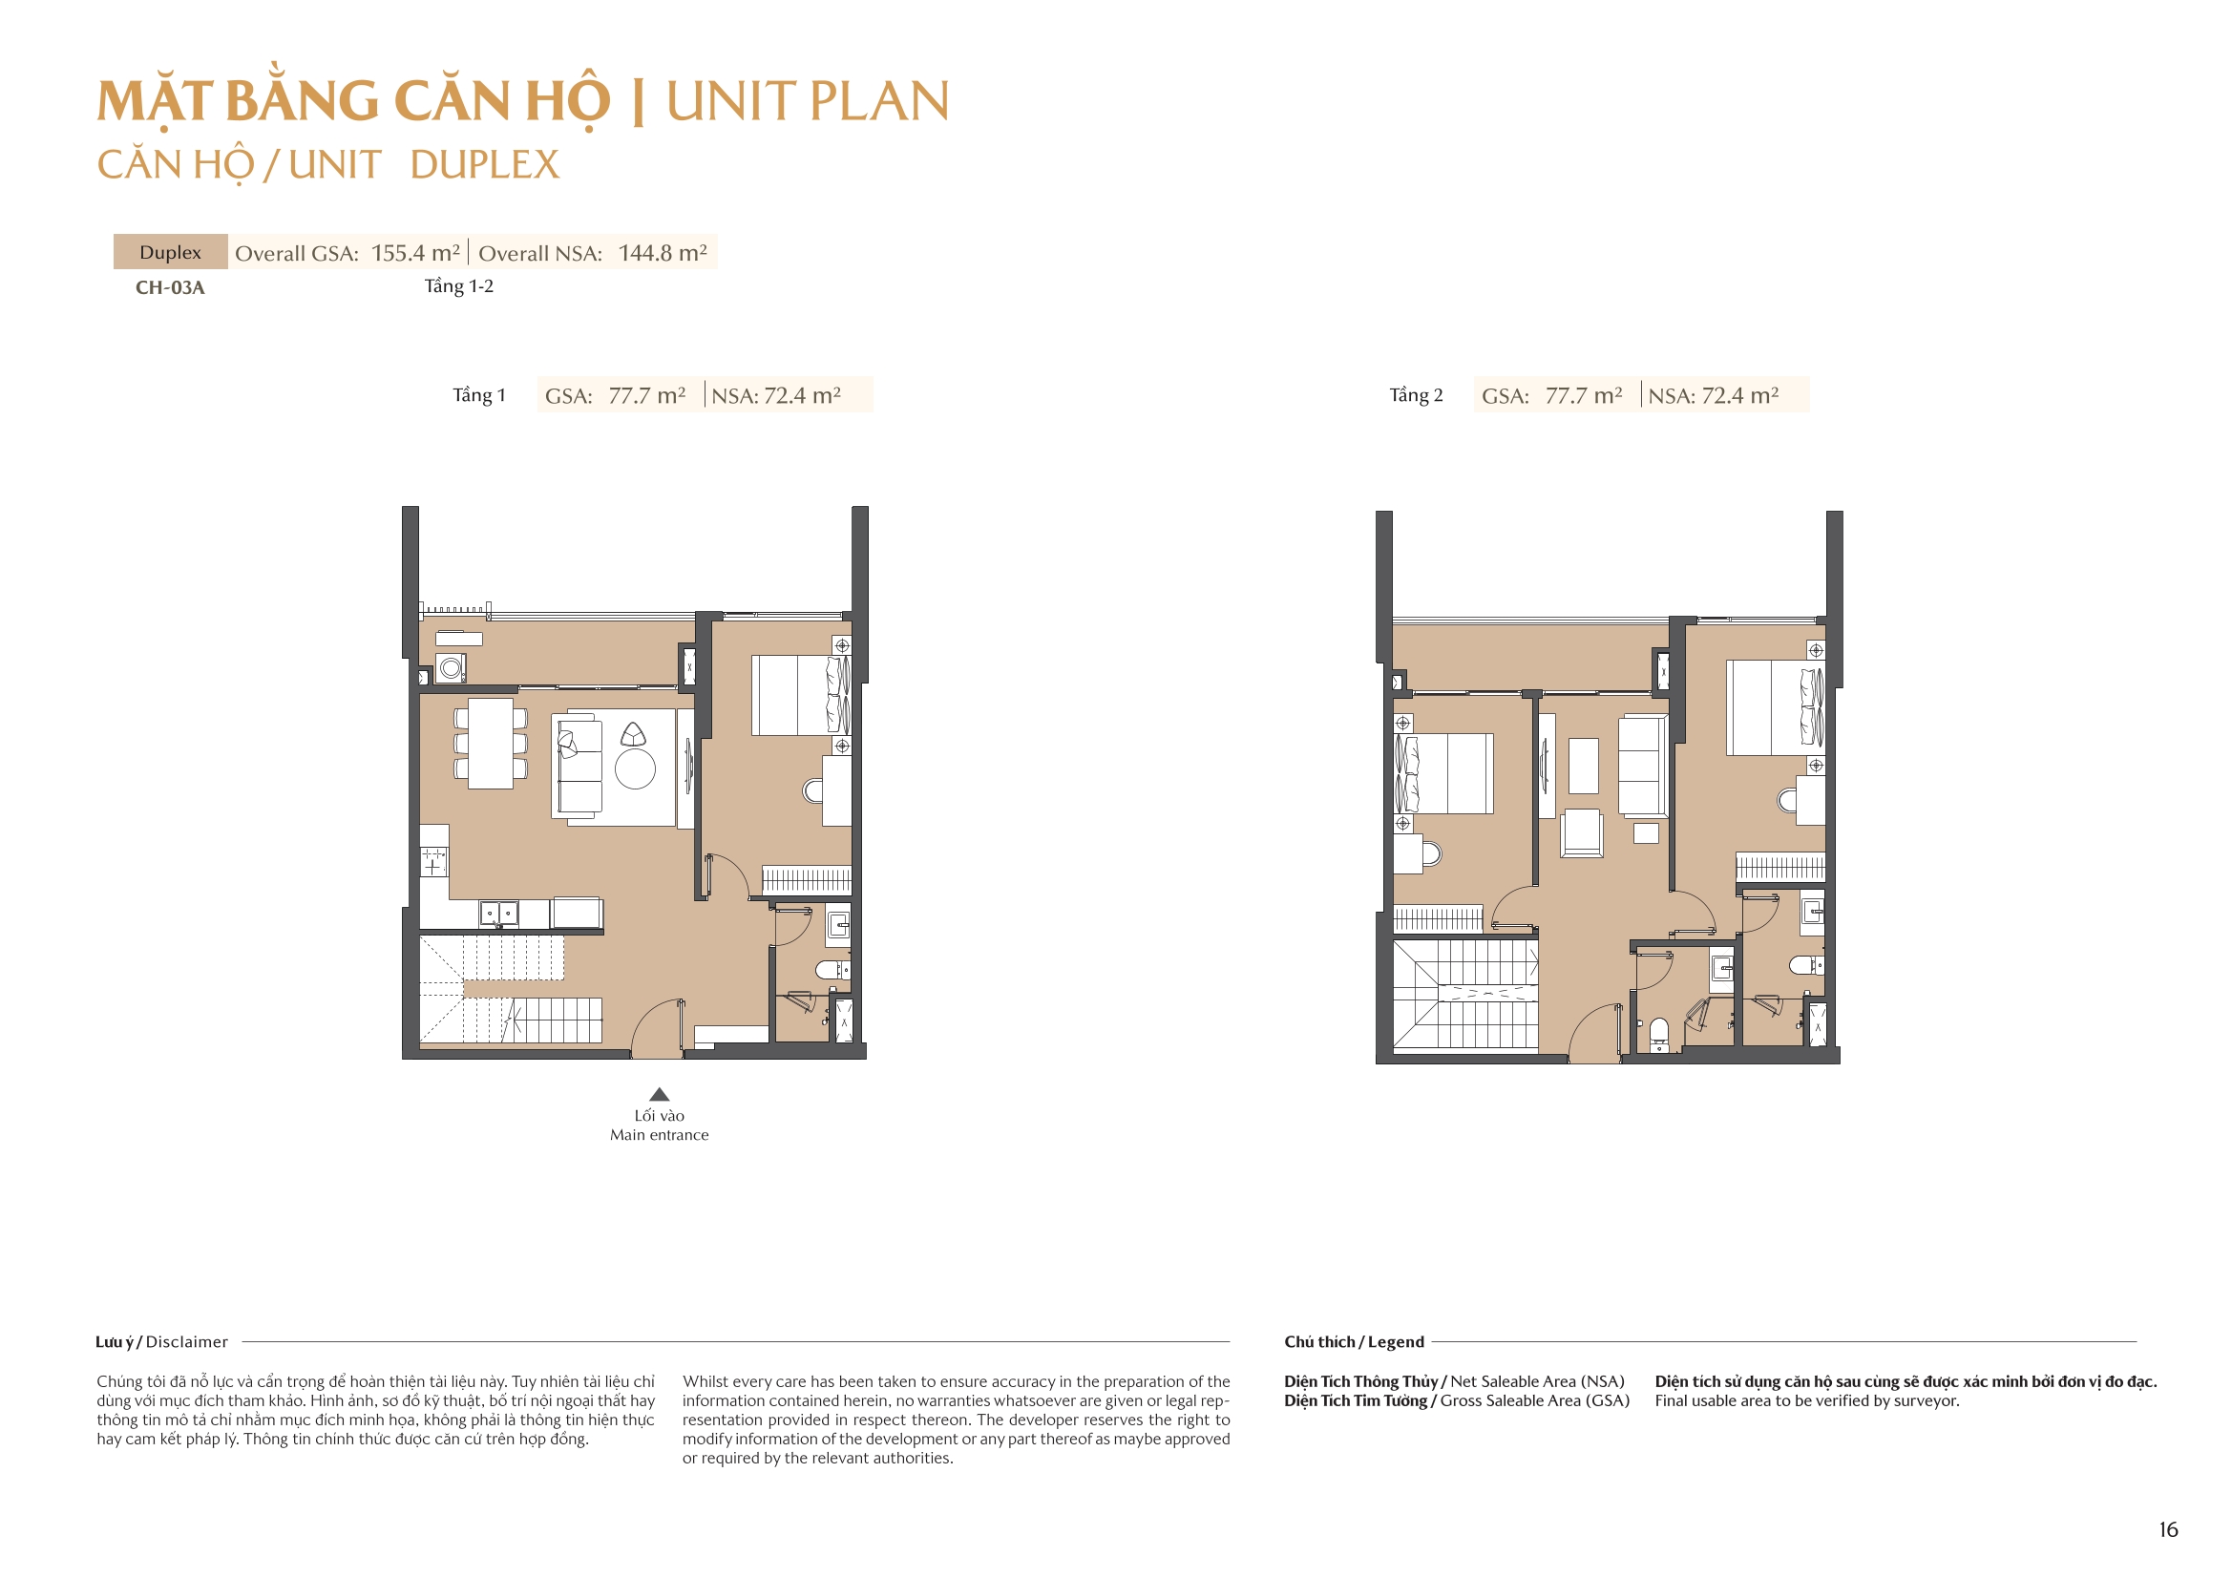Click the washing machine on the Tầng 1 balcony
pyautogui.click(x=450, y=668)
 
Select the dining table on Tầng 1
pyautogui.click(x=491, y=744)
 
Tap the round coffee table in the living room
pyautogui.click(x=635, y=769)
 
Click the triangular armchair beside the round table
pyautogui.click(x=633, y=734)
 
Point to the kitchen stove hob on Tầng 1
pyautogui.click(x=433, y=861)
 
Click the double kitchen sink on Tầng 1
pyautogui.click(x=498, y=914)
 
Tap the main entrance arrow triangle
pyautogui.click(x=659, y=1094)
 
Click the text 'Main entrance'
pyautogui.click(x=659, y=1135)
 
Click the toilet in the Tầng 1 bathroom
pyautogui.click(x=832, y=969)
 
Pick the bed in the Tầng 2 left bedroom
pyautogui.click(x=1443, y=773)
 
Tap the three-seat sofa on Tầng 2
pyautogui.click(x=1642, y=766)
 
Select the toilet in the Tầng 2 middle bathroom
pyautogui.click(x=1659, y=1030)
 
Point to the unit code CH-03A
pyautogui.click(x=170, y=287)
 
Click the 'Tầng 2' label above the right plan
pyautogui.click(x=1416, y=395)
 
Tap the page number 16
pyautogui.click(x=2168, y=1529)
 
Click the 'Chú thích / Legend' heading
pyautogui.click(x=1353, y=1342)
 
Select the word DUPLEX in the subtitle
pyautogui.click(x=484, y=164)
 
